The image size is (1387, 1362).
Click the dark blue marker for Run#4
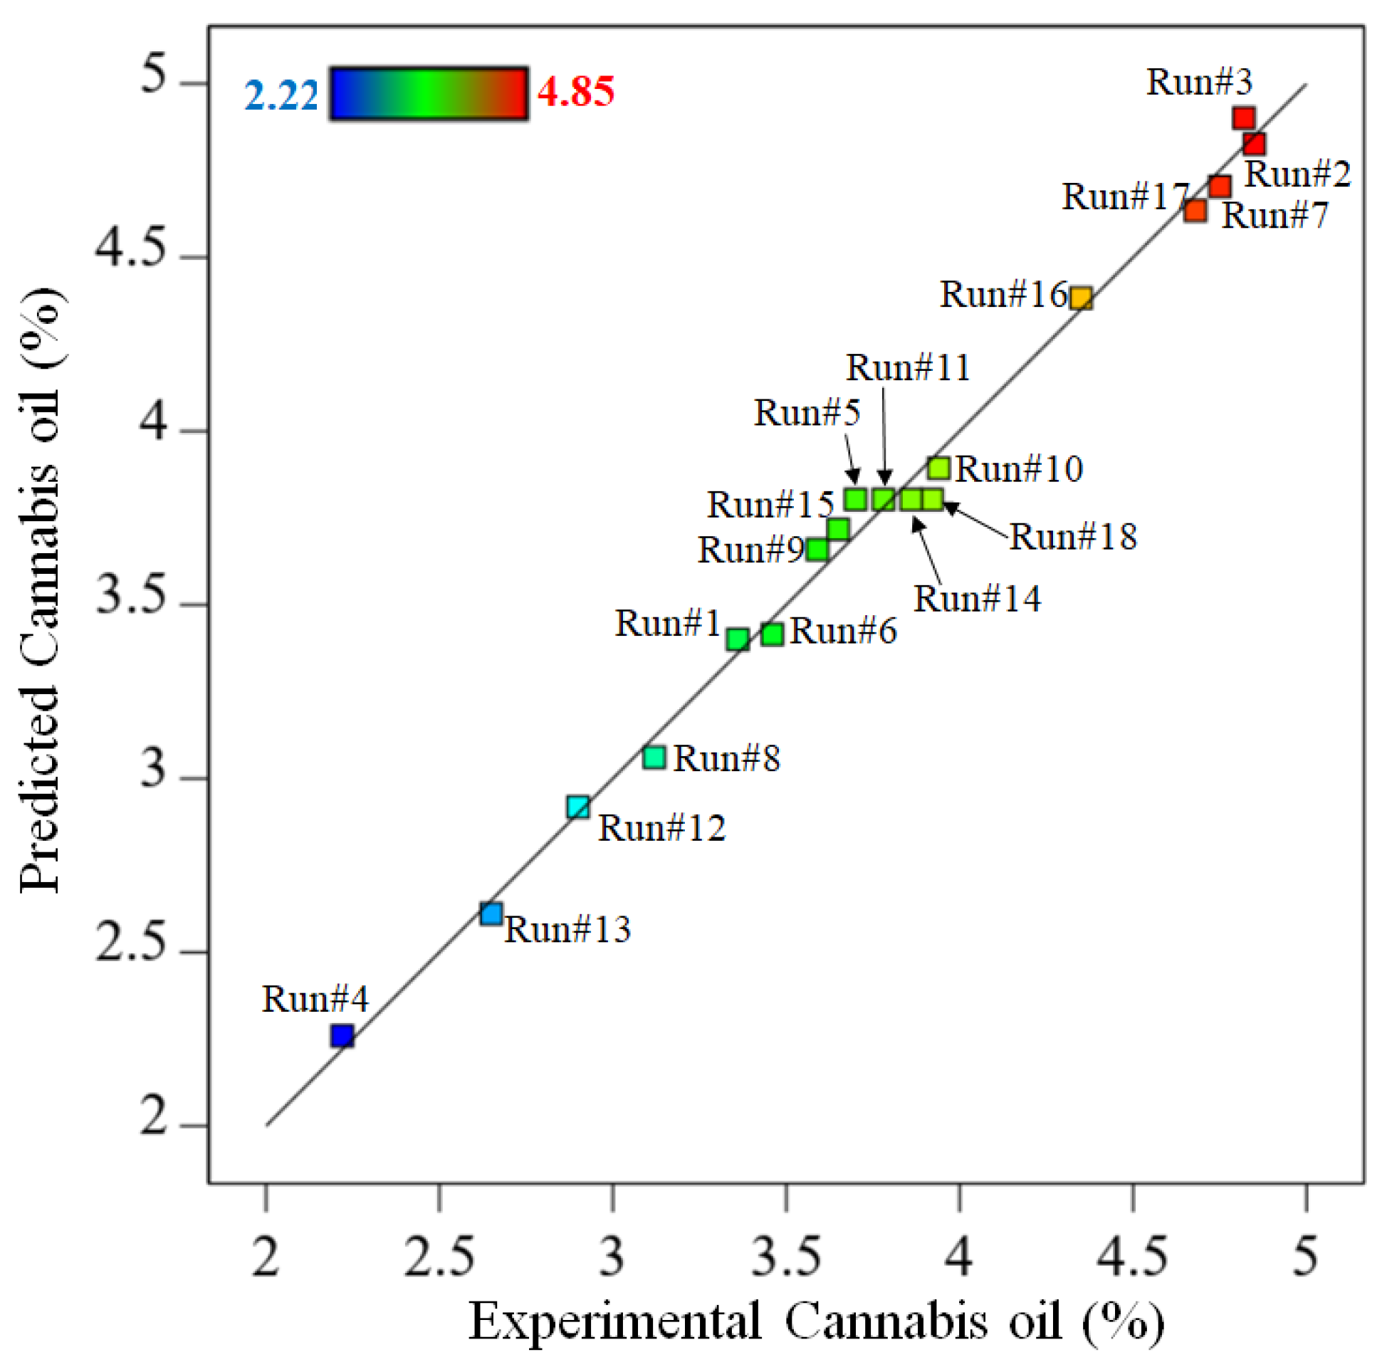pos(342,1036)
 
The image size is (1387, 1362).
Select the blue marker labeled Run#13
pos(491,914)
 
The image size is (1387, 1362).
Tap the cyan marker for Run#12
pos(578,807)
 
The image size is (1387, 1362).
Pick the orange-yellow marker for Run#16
pos(1081,298)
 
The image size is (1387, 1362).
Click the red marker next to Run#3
pos(1244,118)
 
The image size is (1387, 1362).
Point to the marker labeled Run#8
pos(654,758)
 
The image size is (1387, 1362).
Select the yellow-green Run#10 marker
pos(938,468)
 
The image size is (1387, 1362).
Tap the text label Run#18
pos(1072,538)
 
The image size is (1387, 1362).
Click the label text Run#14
pos(976,599)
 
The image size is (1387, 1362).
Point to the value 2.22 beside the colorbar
pos(281,95)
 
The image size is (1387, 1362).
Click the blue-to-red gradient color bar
pos(429,94)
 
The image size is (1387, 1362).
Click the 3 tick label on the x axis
pos(612,1257)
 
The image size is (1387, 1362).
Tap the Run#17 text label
pos(1124,197)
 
